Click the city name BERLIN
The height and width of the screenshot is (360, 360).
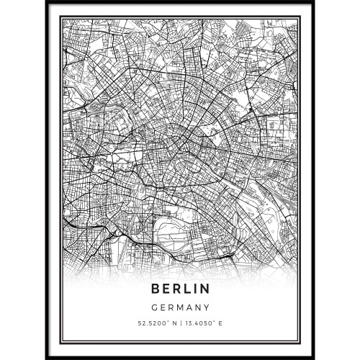180,289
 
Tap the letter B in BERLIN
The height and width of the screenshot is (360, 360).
156,289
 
